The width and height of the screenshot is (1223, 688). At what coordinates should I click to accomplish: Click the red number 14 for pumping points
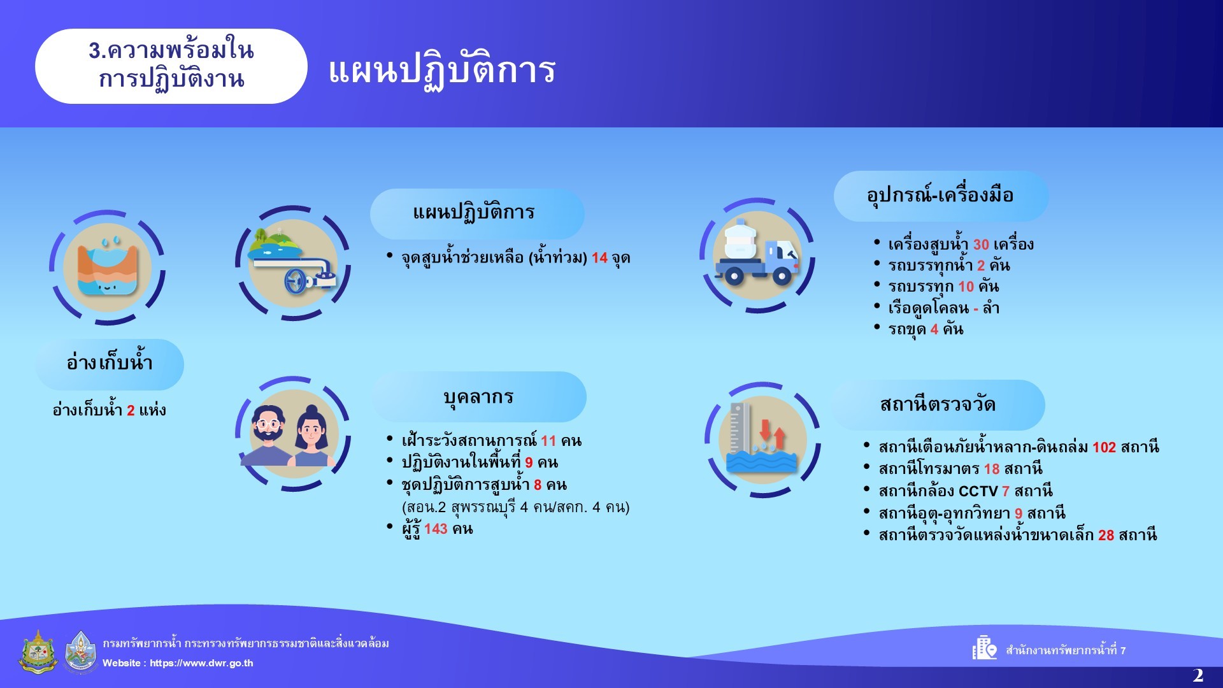click(x=599, y=258)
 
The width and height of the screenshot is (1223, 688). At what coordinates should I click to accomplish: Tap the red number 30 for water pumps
click(x=981, y=245)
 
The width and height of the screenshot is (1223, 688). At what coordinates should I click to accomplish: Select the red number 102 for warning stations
click(x=1104, y=447)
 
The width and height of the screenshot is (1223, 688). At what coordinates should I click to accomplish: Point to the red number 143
click(x=436, y=529)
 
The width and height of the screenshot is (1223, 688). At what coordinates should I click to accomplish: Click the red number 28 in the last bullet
click(x=1106, y=535)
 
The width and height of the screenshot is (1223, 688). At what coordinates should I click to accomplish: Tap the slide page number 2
click(x=1198, y=675)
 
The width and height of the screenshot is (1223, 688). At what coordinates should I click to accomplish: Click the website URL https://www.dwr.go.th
click(x=201, y=663)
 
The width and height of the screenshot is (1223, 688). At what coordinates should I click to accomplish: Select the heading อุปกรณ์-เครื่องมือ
click(x=940, y=195)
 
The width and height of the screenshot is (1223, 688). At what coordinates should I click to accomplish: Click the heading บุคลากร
click(x=478, y=397)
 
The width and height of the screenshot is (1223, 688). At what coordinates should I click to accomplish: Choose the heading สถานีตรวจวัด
click(x=938, y=405)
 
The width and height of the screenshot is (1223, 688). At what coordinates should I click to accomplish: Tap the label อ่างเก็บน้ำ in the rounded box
click(x=110, y=362)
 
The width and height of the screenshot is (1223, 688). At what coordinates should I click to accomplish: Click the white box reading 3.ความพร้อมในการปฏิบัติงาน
click(x=171, y=66)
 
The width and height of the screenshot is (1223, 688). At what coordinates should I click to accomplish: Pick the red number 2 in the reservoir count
click(x=131, y=410)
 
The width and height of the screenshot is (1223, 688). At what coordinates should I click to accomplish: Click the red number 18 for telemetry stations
click(x=992, y=469)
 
